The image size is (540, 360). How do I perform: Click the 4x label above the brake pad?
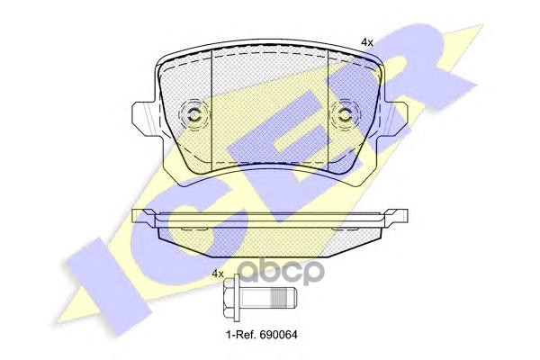click(366, 41)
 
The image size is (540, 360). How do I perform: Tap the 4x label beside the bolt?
click(217, 274)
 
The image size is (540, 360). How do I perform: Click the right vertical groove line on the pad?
click(328, 108)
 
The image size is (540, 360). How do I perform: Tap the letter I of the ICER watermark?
click(99, 270)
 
